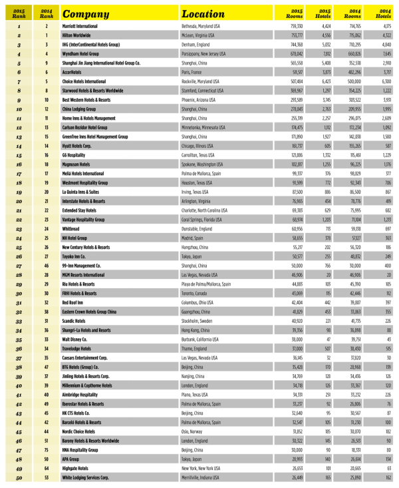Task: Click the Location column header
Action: click(207, 13)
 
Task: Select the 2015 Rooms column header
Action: click(295, 13)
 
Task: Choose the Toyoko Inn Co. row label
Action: click(76, 255)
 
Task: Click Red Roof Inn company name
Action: click(74, 302)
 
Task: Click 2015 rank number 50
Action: click(19, 477)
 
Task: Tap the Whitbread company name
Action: click(71, 228)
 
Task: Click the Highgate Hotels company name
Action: click(77, 467)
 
